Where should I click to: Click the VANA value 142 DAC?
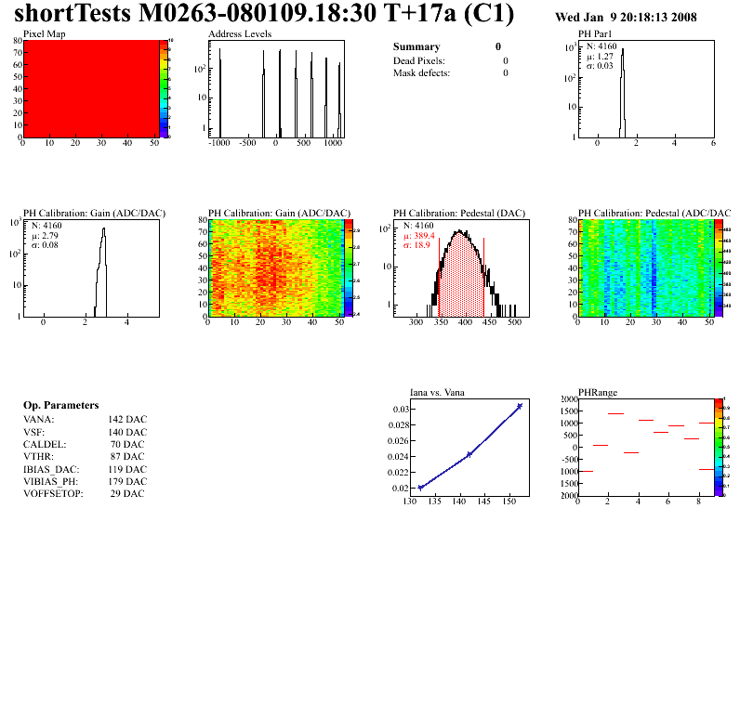tap(127, 420)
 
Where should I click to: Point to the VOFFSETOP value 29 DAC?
tap(127, 493)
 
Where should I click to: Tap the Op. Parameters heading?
tap(61, 406)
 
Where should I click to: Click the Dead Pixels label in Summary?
tap(419, 60)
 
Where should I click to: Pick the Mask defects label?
tap(421, 72)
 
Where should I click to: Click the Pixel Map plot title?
tap(44, 33)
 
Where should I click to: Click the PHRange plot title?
tap(598, 392)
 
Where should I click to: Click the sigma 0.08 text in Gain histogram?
tap(46, 245)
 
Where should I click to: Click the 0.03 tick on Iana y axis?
tap(400, 410)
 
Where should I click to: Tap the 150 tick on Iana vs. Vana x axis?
tap(509, 502)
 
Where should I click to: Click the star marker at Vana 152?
tap(519, 406)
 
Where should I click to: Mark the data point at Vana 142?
tap(469, 454)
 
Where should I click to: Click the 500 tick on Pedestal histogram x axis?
tap(512, 322)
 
